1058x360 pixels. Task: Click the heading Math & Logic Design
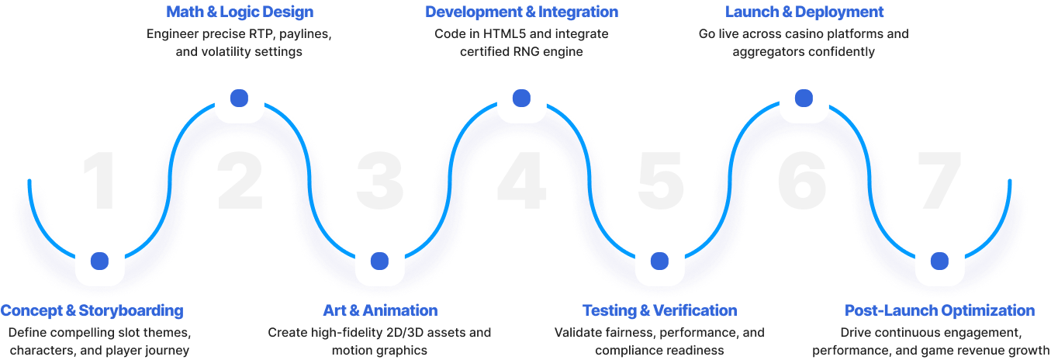click(x=240, y=12)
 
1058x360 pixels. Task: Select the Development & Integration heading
click(x=521, y=12)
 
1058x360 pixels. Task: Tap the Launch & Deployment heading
click(x=804, y=12)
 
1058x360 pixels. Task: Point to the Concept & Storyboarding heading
click(x=92, y=310)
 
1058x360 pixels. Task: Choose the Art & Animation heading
click(x=380, y=310)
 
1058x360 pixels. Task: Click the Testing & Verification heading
click(x=660, y=310)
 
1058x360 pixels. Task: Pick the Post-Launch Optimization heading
click(x=939, y=310)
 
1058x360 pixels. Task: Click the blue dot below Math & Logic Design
click(x=239, y=99)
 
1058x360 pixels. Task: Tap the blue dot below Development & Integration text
click(x=521, y=99)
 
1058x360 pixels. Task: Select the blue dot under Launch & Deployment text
click(x=804, y=99)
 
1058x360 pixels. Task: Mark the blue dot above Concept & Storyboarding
click(x=99, y=261)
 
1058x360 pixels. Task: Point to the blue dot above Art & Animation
click(x=380, y=261)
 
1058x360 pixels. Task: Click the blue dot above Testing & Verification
click(x=659, y=261)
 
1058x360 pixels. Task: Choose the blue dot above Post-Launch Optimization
click(x=939, y=261)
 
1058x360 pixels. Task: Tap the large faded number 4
click(x=521, y=181)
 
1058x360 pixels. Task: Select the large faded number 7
click(x=939, y=181)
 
